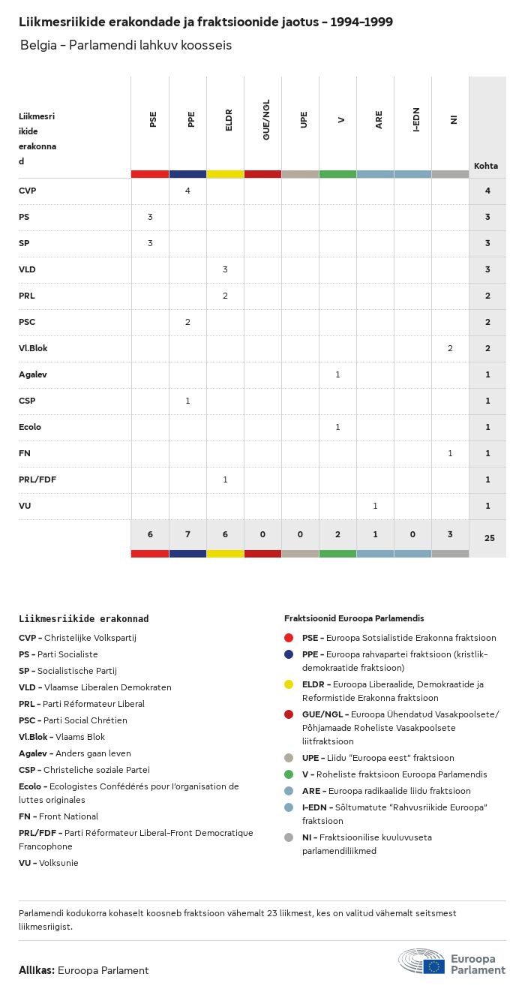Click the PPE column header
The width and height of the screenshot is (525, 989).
pyautogui.click(x=191, y=119)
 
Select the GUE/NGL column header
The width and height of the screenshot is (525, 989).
pyautogui.click(x=266, y=119)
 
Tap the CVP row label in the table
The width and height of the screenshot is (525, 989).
pyautogui.click(x=28, y=191)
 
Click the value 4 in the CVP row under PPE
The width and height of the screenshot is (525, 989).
pyautogui.click(x=187, y=191)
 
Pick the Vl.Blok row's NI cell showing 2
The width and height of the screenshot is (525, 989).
pyautogui.click(x=450, y=348)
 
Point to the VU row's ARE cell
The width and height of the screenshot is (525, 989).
pyautogui.click(x=375, y=506)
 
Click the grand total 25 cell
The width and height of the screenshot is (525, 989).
pyautogui.click(x=487, y=537)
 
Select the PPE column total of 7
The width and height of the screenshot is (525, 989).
pyautogui.click(x=187, y=534)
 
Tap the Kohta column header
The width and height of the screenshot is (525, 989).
pyautogui.click(x=486, y=166)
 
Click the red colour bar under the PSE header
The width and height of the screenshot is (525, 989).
pyautogui.click(x=150, y=174)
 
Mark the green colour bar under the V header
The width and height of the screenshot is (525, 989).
pyautogui.click(x=337, y=174)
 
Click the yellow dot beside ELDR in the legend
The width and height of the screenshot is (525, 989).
pyautogui.click(x=289, y=685)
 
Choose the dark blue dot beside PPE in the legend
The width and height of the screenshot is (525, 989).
pyautogui.click(x=289, y=655)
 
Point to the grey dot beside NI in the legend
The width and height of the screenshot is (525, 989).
pyautogui.click(x=289, y=838)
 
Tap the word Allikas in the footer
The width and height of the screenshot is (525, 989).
pyautogui.click(x=37, y=970)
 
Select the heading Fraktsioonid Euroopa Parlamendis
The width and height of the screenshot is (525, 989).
pyautogui.click(x=354, y=618)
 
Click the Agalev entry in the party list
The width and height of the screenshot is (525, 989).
pyautogui.click(x=33, y=753)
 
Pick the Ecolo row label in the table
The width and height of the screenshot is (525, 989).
pyautogui.click(x=30, y=427)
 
